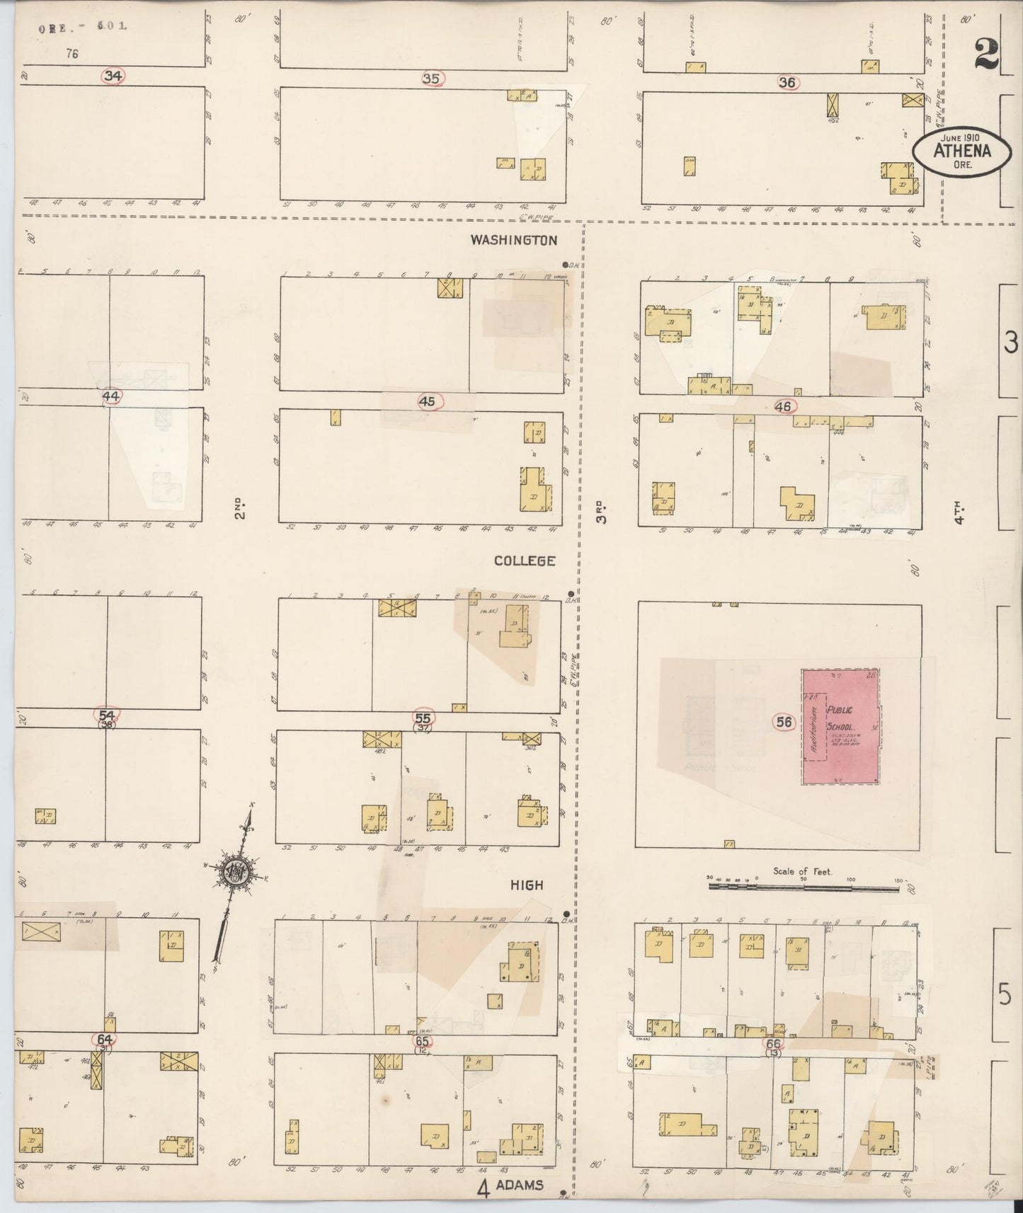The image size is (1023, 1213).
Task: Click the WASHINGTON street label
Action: [514, 241]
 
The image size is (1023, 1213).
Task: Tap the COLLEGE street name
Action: [525, 560]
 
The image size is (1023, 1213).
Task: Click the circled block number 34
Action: [113, 76]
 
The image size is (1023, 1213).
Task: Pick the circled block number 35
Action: [431, 79]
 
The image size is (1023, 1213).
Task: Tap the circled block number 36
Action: [787, 82]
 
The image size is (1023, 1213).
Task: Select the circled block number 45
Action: [426, 402]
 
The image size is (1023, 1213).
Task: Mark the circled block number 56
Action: [784, 722]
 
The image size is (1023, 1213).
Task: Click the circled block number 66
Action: [773, 1044]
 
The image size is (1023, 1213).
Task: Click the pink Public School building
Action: [840, 726]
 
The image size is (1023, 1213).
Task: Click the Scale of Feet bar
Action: [804, 884]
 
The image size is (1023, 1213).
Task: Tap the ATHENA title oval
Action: [961, 150]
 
